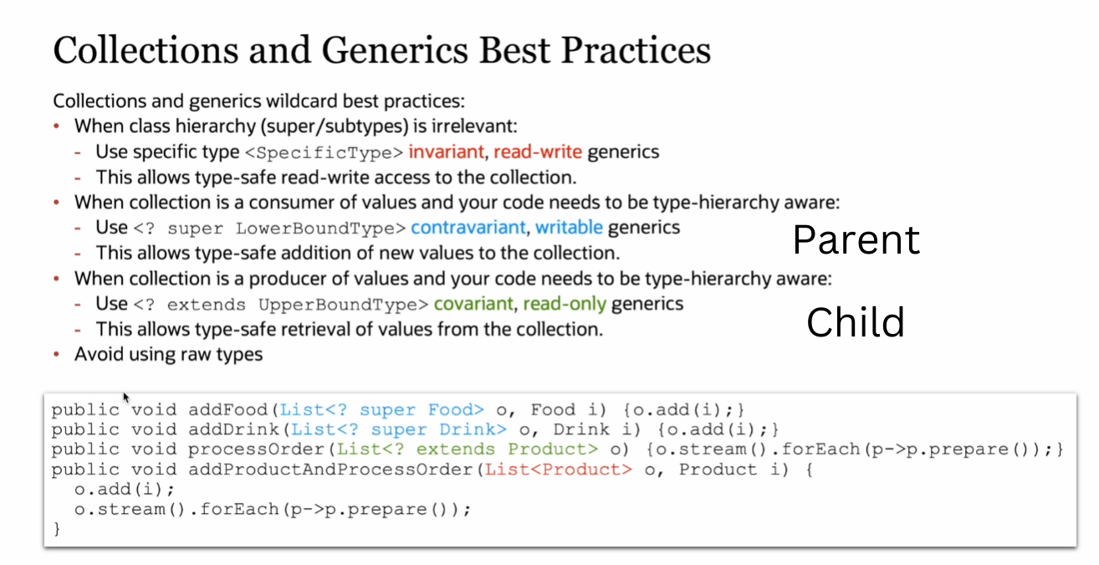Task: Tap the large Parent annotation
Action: click(x=856, y=239)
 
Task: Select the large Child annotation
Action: click(x=856, y=322)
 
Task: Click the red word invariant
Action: click(x=446, y=152)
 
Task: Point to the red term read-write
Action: click(x=538, y=152)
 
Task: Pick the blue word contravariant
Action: click(x=468, y=228)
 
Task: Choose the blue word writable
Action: click(x=569, y=228)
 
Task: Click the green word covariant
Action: click(x=473, y=304)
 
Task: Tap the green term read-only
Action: click(x=565, y=305)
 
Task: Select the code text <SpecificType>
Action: click(x=324, y=152)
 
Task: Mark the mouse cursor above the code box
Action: click(x=126, y=397)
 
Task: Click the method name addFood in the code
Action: click(x=228, y=409)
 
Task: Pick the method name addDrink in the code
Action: click(x=234, y=429)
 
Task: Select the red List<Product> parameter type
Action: click(x=559, y=470)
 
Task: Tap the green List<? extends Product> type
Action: click(x=467, y=449)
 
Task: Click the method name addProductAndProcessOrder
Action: click(x=332, y=470)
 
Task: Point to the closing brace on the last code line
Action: click(x=57, y=529)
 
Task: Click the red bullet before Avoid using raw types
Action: click(x=56, y=353)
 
